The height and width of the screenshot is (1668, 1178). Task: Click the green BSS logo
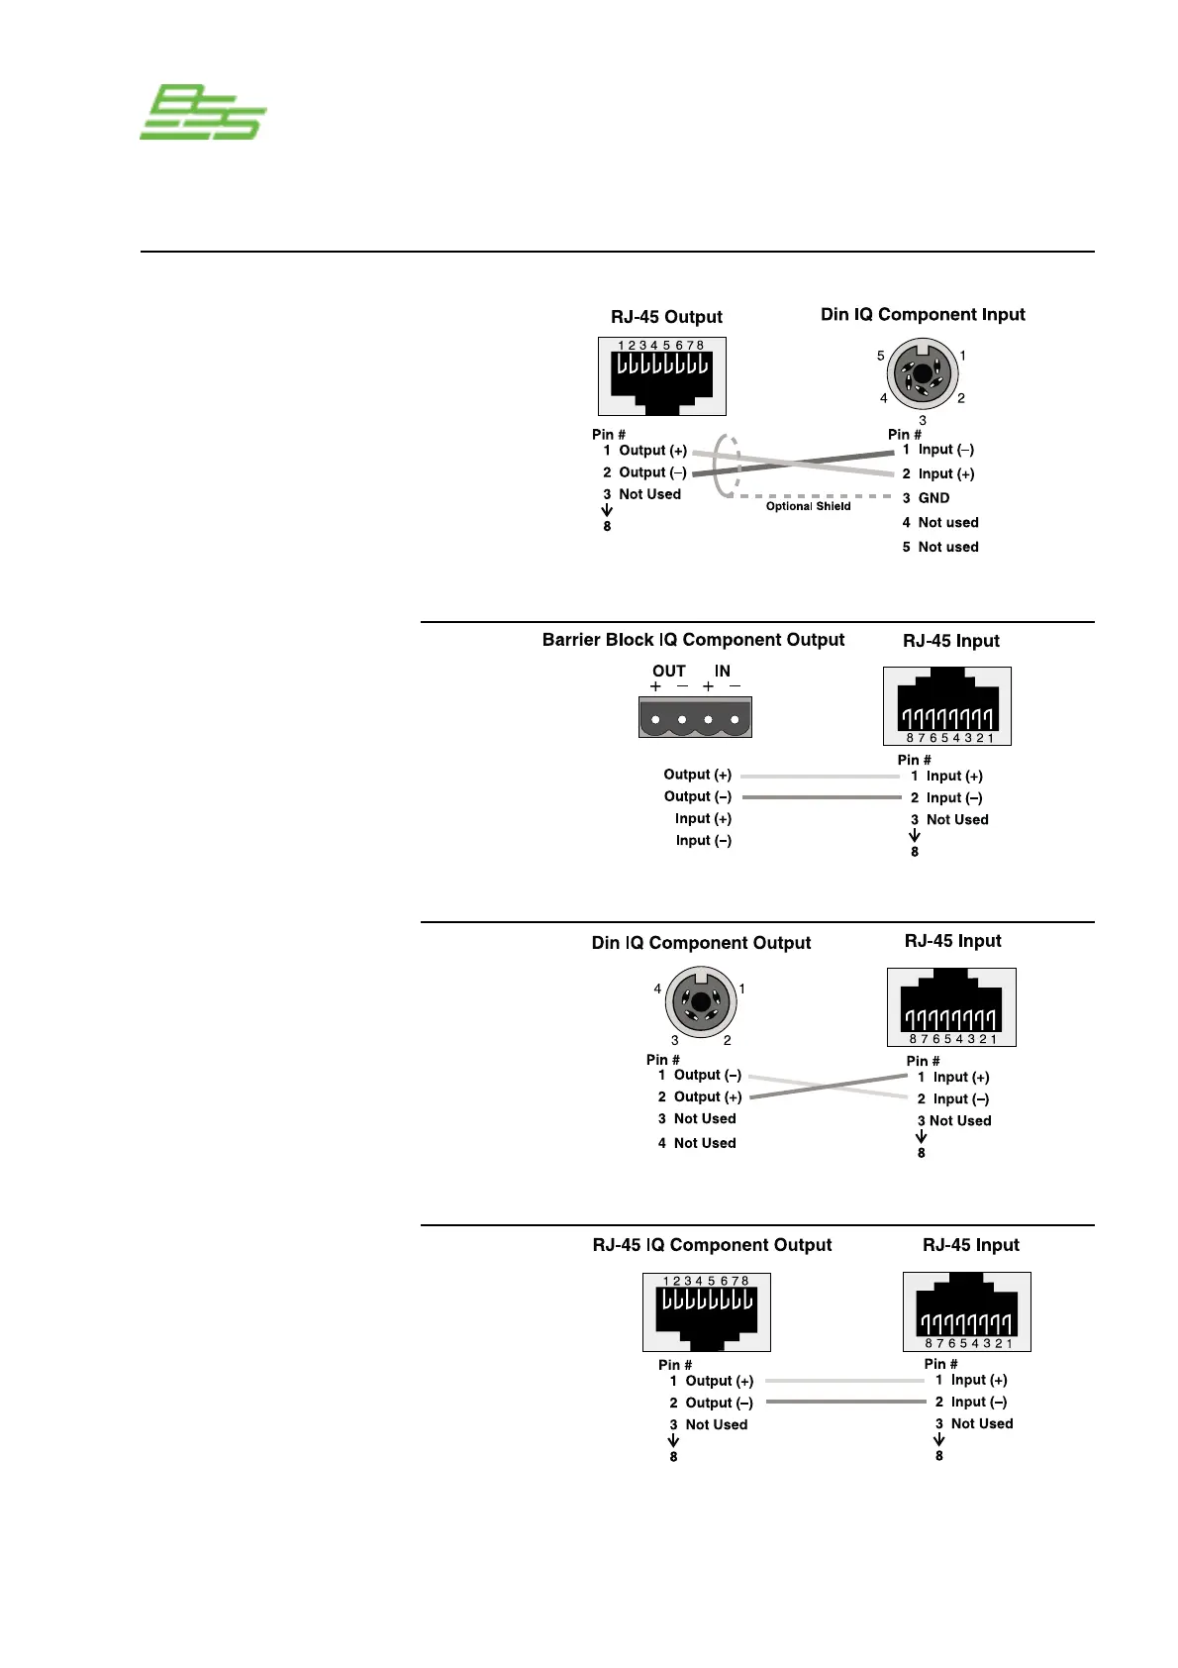pos(204,113)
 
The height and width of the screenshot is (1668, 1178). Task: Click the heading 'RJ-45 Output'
pos(666,317)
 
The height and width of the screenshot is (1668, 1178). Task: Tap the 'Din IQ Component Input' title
pos(923,314)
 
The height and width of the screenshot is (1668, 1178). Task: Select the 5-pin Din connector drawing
pos(923,373)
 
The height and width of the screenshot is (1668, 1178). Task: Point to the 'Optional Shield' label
pos(808,506)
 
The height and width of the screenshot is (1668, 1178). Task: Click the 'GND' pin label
pos(933,498)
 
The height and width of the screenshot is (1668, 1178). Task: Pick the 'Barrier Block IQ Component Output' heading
pos(693,640)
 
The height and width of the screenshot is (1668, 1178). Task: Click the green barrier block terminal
pos(695,717)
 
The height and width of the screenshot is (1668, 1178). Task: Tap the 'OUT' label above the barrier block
pos(668,671)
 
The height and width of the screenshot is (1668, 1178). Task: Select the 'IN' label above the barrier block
pos(723,671)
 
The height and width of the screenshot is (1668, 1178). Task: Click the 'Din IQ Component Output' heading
pos(701,943)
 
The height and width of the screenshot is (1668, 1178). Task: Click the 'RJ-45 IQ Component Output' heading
pos(712,1245)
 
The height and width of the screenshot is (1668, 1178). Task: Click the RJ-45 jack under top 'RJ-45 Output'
pos(662,376)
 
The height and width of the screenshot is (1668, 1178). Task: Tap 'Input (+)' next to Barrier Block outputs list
pos(703,819)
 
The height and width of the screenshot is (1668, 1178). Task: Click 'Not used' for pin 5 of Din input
pos(947,547)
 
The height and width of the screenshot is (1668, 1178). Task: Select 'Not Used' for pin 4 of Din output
pos(705,1143)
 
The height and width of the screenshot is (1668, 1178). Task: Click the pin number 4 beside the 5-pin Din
pos(884,398)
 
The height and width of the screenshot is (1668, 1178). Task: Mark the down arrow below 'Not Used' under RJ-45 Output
pos(607,510)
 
